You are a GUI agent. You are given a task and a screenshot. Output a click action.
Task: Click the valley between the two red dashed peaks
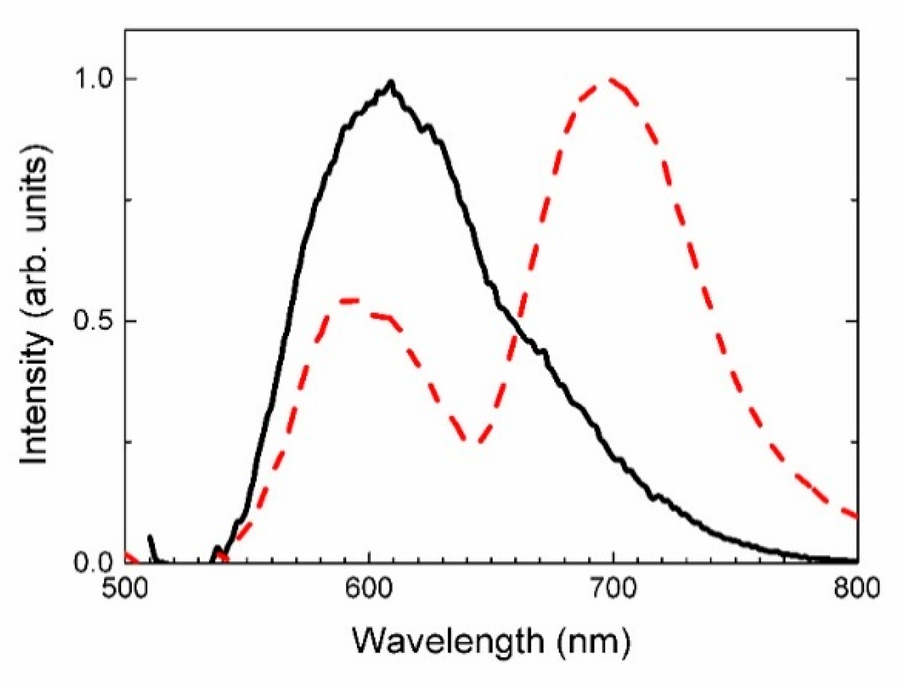click(x=473, y=442)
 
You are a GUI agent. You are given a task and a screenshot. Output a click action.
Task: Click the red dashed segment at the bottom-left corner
click(x=130, y=557)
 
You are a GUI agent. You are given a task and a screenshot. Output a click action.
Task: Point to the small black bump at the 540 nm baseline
click(x=217, y=549)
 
